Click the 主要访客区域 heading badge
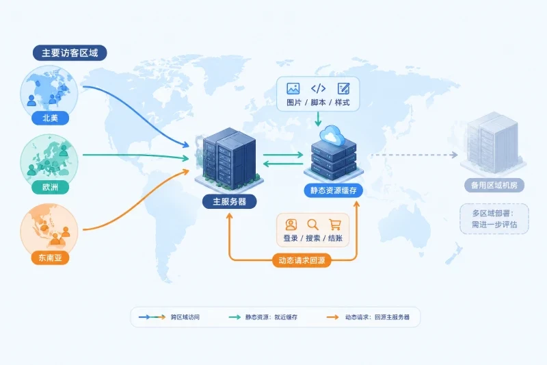pyautogui.click(x=70, y=53)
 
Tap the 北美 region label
pyautogui.click(x=50, y=118)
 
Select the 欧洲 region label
pyautogui.click(x=50, y=187)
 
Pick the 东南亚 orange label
pyautogui.click(x=50, y=257)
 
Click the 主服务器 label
pyautogui.click(x=230, y=201)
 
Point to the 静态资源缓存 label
pyautogui.click(x=334, y=190)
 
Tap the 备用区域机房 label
pyautogui.click(x=494, y=185)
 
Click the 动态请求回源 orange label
pyautogui.click(x=302, y=260)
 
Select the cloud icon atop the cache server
pyautogui.click(x=332, y=135)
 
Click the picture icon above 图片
pyautogui.click(x=293, y=88)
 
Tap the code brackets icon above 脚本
pyautogui.click(x=318, y=88)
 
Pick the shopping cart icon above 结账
pyautogui.click(x=335, y=224)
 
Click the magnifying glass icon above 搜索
pyautogui.click(x=312, y=224)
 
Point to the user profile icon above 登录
pyautogui.click(x=291, y=224)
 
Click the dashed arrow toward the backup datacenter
pyautogui.click(x=414, y=155)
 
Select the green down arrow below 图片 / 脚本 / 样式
pyautogui.click(x=318, y=119)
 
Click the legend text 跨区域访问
pyautogui.click(x=185, y=317)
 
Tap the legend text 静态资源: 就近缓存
pyautogui.click(x=271, y=317)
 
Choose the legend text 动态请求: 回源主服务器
pyautogui.click(x=377, y=317)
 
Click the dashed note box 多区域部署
pyautogui.click(x=494, y=218)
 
